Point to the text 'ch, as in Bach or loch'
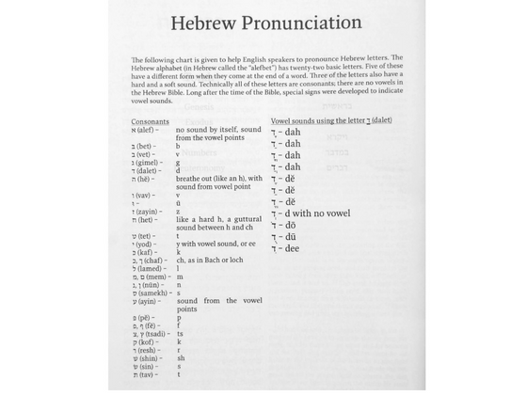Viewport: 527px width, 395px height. click(209, 259)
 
